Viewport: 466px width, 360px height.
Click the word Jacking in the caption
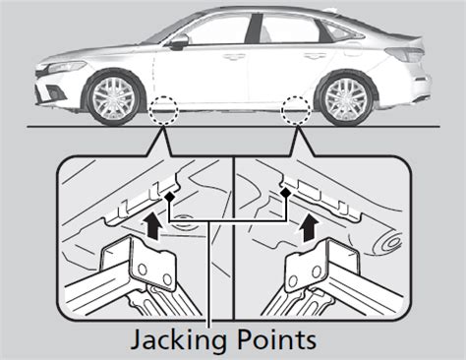(178, 341)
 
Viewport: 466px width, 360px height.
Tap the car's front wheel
(113, 98)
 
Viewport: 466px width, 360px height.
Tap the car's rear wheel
(346, 97)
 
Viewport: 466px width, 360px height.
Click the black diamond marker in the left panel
(169, 197)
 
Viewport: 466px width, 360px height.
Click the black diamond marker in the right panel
(286, 193)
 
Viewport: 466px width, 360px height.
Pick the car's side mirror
(179, 42)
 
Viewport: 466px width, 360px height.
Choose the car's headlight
(66, 67)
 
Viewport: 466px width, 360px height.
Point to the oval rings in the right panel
(391, 242)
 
